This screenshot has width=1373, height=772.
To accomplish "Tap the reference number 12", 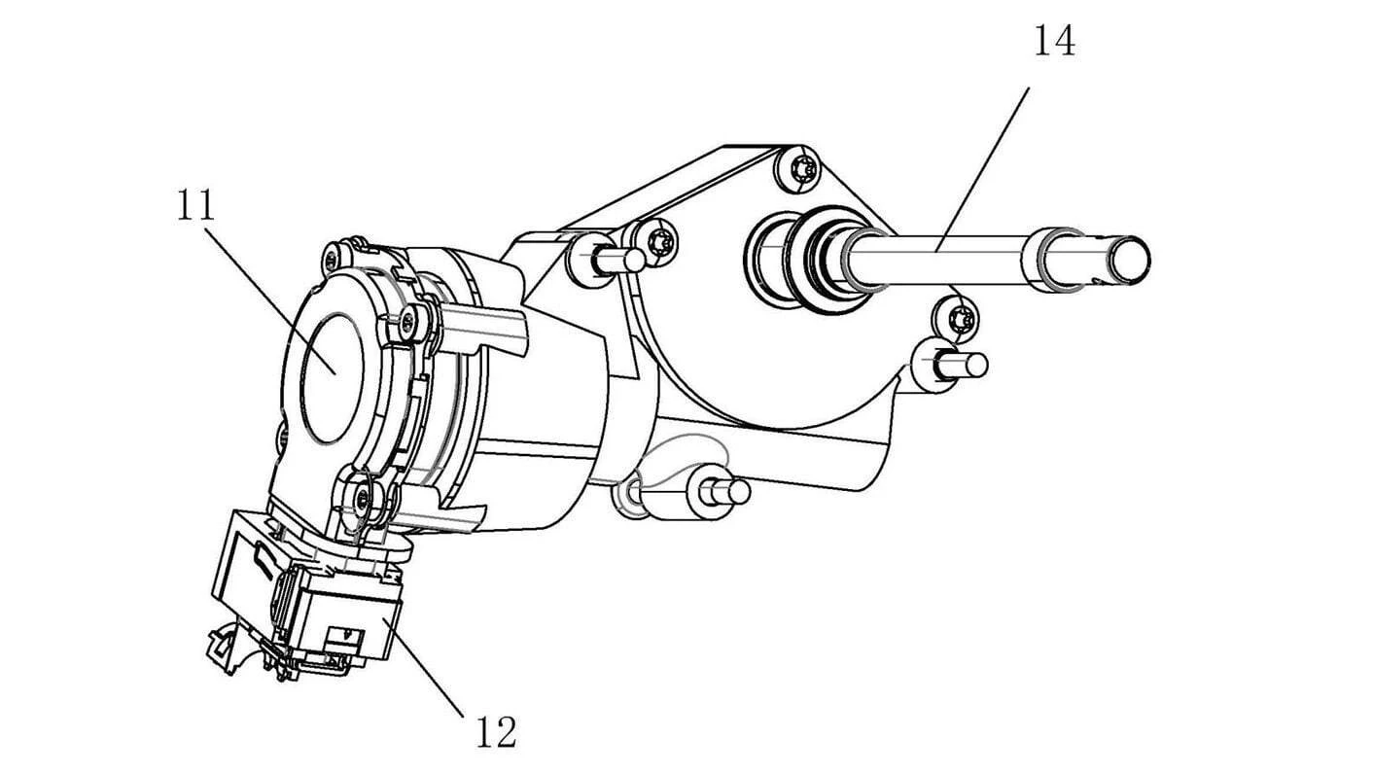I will coord(495,731).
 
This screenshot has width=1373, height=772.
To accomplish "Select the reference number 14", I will coord(1053,42).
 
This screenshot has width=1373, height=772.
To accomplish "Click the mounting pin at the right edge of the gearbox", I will coord(958,365).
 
